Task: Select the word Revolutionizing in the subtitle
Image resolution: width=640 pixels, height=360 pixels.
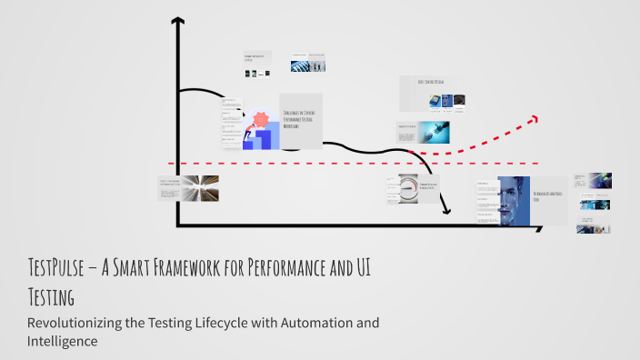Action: tap(80, 323)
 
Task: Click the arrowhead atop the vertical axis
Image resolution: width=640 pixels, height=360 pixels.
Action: tap(177, 22)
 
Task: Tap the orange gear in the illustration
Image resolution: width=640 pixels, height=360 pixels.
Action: tap(261, 119)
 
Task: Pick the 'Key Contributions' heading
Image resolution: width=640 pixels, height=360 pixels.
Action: tap(431, 82)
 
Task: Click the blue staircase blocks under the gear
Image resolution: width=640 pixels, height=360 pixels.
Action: tap(259, 139)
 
